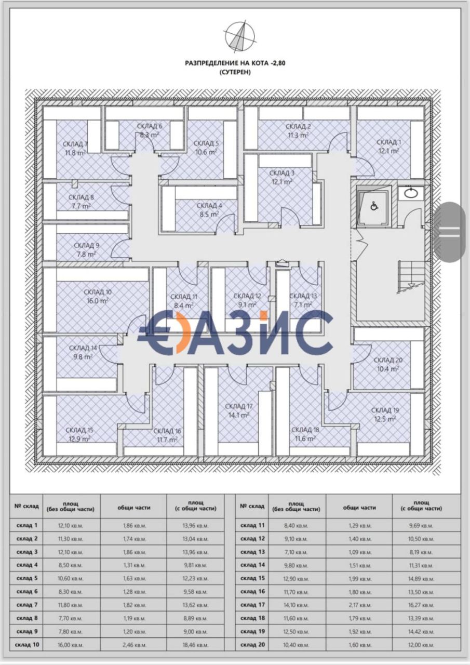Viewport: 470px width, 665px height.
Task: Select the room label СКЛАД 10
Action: coord(98,292)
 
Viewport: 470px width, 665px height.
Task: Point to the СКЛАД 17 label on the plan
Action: coord(239,406)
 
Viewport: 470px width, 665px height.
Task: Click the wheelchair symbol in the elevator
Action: coord(373,206)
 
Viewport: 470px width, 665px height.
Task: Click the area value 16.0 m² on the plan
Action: coord(98,301)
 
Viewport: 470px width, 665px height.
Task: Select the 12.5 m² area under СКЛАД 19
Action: coord(385,419)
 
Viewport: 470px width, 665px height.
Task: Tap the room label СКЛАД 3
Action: coord(281,173)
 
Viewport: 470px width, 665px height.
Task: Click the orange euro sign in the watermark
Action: coord(156,332)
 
